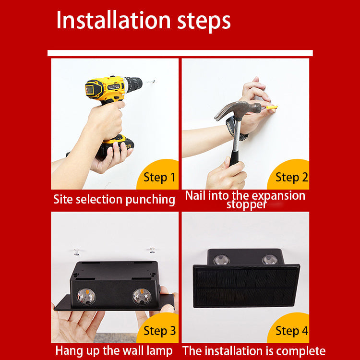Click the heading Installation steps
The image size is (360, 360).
click(144, 21)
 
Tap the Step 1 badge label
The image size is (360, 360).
click(159, 178)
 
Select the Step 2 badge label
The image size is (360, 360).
click(291, 178)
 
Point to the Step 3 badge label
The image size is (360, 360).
click(159, 331)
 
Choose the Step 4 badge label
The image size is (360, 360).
click(291, 331)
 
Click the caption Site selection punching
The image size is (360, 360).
click(114, 199)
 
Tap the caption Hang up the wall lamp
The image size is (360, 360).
click(114, 351)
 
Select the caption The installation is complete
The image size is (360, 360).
click(254, 351)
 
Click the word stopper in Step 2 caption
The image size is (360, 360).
click(246, 204)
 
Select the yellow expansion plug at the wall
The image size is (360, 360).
click(272, 107)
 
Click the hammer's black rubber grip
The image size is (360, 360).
click(234, 158)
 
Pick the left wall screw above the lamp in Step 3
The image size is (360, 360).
click(76, 252)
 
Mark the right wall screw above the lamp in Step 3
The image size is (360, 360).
click(152, 250)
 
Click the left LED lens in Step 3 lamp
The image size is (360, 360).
click(86, 297)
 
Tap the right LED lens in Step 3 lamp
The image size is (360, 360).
click(142, 296)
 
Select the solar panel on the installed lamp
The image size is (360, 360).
click(246, 286)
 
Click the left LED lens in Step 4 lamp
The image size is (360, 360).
click(222, 260)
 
